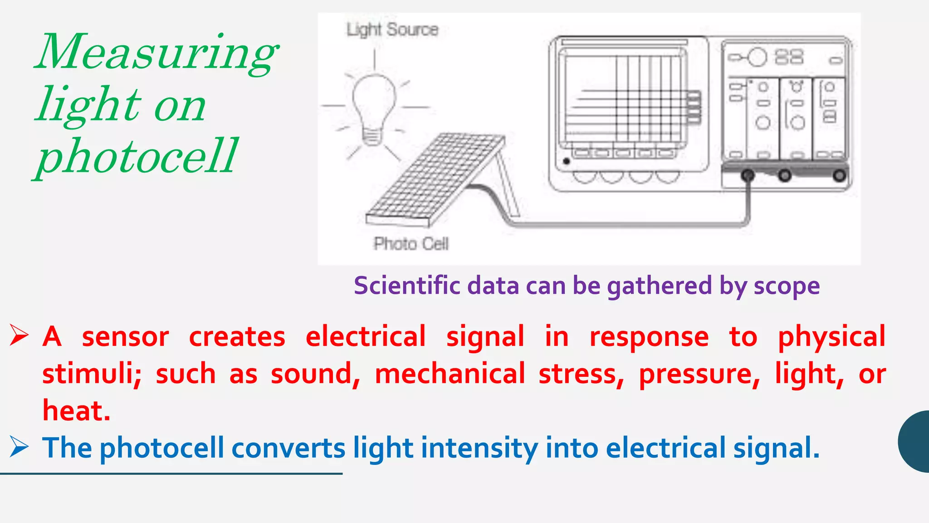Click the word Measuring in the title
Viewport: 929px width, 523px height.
click(156, 54)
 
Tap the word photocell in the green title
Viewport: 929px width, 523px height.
click(136, 157)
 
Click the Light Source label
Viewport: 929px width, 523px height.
click(392, 30)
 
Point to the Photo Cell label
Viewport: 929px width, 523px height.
click(411, 244)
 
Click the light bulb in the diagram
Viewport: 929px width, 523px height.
click(373, 107)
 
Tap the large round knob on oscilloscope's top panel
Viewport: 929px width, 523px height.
click(757, 58)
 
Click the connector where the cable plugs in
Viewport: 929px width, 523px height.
click(748, 175)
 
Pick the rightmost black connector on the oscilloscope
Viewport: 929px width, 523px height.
click(840, 175)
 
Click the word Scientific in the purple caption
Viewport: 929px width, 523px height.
click(407, 286)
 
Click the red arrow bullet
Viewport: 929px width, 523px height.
click(19, 336)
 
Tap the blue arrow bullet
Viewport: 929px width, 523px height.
click(19, 448)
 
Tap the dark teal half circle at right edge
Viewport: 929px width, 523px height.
click(915, 441)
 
